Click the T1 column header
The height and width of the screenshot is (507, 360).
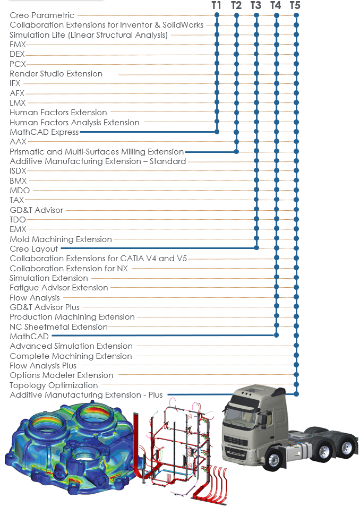pos(216,5)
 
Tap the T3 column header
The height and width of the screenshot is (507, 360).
pos(255,5)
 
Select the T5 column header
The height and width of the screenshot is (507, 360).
pos(295,5)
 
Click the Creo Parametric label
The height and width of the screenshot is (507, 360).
pos(42,15)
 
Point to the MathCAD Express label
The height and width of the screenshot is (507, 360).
pos(44,132)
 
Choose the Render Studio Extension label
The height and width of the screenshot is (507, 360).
pos(56,74)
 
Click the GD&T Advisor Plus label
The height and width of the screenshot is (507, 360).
pos(45,307)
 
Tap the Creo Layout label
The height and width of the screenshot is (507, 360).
pos(33,249)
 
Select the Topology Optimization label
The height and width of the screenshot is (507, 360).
pos(54,385)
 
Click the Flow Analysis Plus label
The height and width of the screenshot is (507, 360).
pos(43,366)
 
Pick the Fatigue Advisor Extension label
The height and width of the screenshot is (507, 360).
pos(59,288)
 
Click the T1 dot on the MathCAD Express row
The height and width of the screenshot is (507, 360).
pos(217,132)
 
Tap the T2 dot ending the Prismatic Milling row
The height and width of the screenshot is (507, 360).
pos(236,151)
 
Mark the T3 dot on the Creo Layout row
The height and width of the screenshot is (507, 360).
pos(256,248)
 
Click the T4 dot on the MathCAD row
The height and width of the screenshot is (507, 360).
pos(276,336)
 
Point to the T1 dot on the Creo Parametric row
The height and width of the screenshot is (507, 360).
pos(217,15)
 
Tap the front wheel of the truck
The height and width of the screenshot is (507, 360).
pos(274,459)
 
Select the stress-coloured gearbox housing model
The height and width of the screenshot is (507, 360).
pos(70,448)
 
